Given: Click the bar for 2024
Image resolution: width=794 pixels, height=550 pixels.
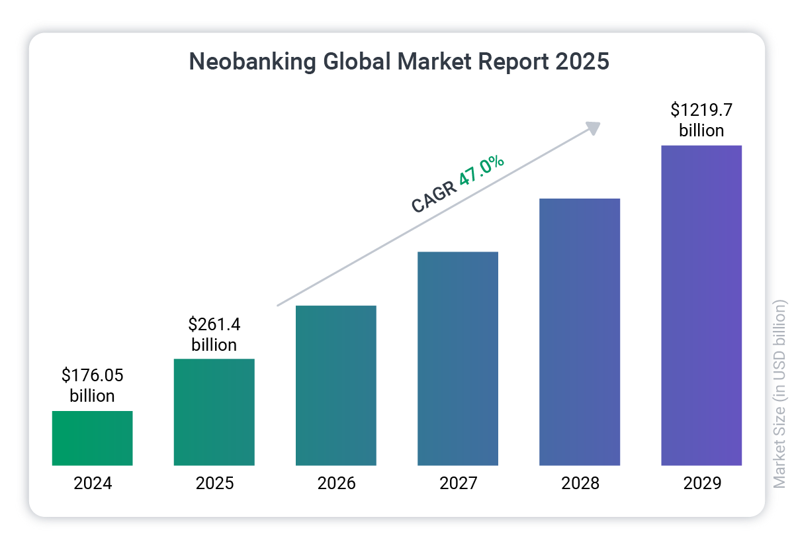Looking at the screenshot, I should pyautogui.click(x=92, y=437).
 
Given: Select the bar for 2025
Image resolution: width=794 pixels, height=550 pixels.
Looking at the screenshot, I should pyautogui.click(x=214, y=412).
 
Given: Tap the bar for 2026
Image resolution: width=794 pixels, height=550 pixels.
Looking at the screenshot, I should pyautogui.click(x=335, y=385).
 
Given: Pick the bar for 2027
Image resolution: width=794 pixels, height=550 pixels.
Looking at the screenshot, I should pyautogui.click(x=457, y=358).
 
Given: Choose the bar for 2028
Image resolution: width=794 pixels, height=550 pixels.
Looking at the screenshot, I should pyautogui.click(x=580, y=332).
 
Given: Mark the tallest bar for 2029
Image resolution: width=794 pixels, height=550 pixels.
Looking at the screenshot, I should pyautogui.click(x=701, y=305).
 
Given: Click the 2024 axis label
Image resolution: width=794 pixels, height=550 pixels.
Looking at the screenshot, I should pyautogui.click(x=93, y=483).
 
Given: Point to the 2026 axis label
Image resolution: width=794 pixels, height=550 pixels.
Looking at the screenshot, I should pyautogui.click(x=336, y=483).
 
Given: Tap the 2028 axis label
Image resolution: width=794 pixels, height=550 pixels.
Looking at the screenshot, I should pyautogui.click(x=580, y=483).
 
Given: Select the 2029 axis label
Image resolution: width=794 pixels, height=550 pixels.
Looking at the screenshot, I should pyautogui.click(x=702, y=483).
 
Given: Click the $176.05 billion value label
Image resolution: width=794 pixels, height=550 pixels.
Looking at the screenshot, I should pyautogui.click(x=93, y=385).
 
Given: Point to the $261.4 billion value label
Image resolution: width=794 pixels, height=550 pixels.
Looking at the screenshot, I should pyautogui.click(x=214, y=334).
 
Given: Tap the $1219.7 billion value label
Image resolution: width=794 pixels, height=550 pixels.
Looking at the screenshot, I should pyautogui.click(x=701, y=119).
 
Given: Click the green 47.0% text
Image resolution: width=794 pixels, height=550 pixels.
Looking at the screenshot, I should pyautogui.click(x=482, y=172).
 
